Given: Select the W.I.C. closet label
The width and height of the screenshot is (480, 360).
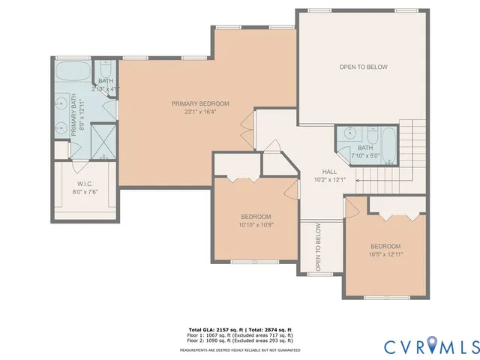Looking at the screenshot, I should coord(84,183).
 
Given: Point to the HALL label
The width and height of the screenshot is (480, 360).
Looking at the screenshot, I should coord(329,171).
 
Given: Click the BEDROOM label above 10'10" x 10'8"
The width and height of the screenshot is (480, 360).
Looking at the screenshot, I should coord(256,216).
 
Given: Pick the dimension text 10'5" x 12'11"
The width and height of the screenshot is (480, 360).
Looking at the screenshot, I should coord(385,254).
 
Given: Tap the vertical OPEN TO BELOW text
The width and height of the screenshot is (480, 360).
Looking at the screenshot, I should coord(318,247).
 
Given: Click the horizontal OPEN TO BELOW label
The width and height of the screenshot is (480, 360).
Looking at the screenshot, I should coord(363,67).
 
